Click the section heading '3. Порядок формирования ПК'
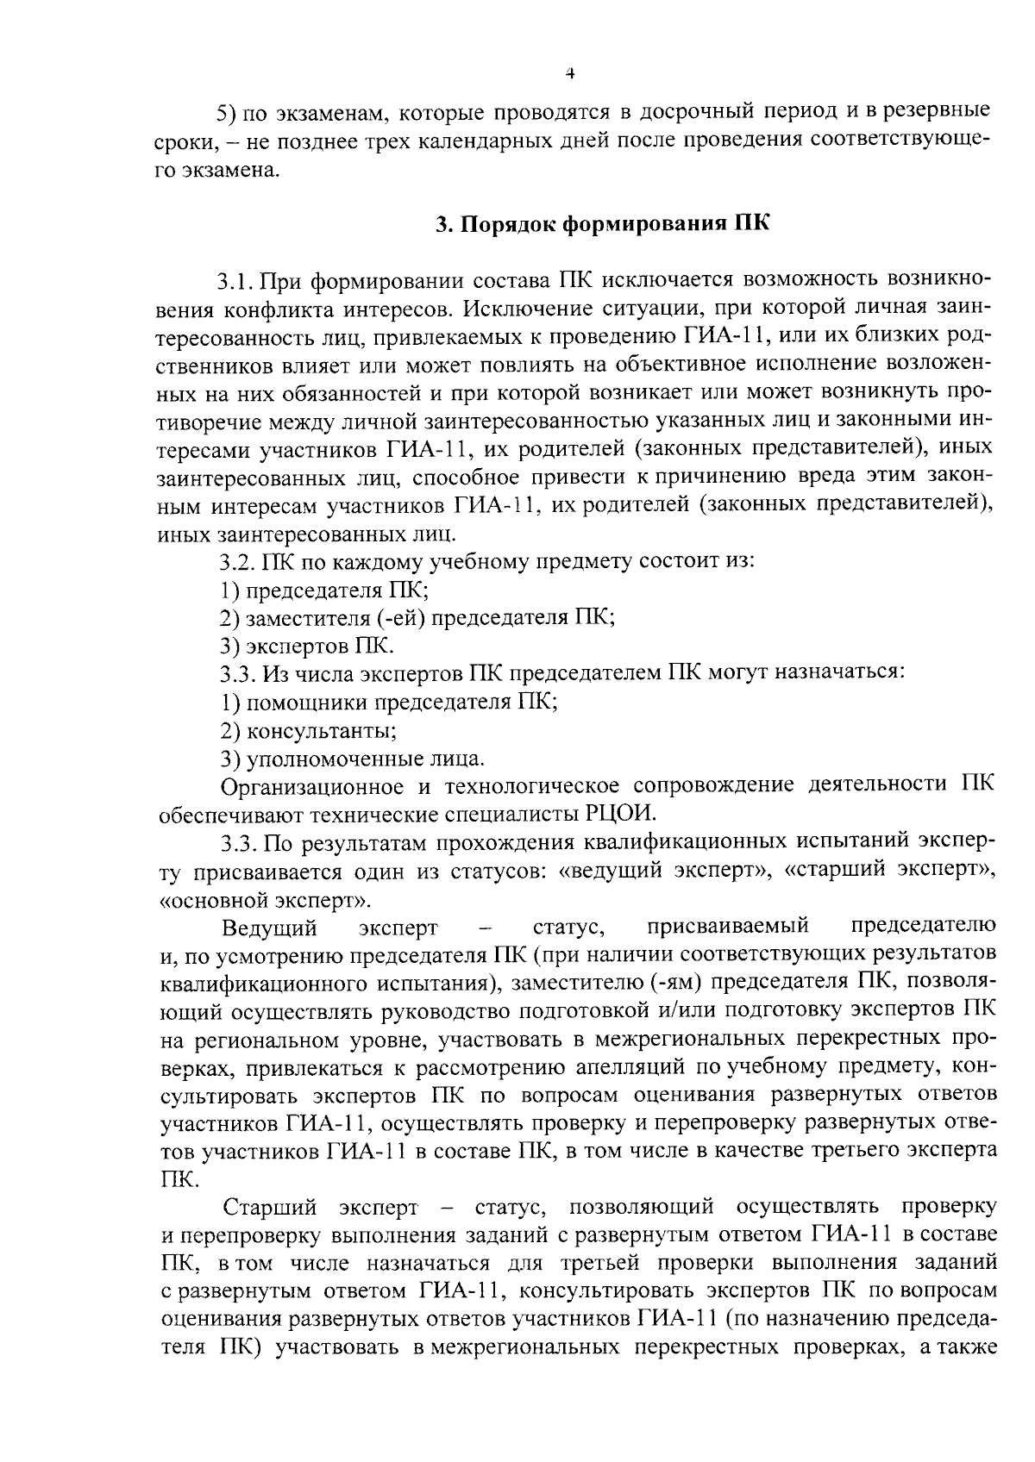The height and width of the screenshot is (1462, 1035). click(600, 225)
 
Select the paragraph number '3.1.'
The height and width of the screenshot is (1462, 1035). click(235, 281)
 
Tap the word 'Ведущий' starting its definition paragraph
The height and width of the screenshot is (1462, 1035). click(270, 928)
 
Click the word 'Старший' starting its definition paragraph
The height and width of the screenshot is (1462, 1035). click(270, 1206)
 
